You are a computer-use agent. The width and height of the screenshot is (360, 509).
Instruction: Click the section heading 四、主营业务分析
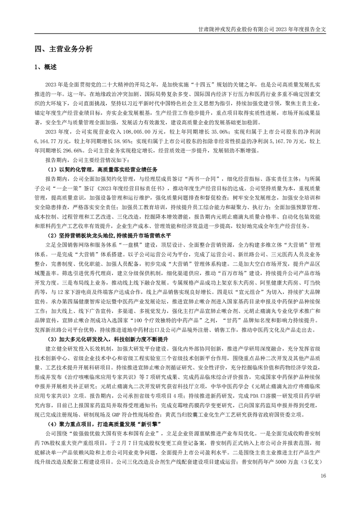click(x=64, y=49)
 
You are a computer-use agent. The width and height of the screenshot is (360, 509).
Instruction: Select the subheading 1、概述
click(x=46, y=67)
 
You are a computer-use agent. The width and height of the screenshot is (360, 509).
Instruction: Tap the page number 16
click(x=323, y=476)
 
